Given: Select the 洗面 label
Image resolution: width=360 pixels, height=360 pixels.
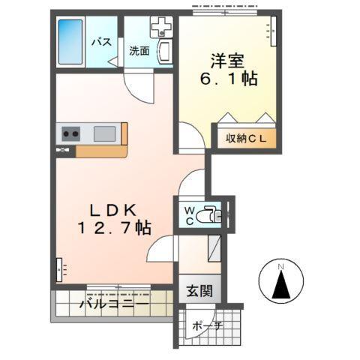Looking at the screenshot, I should click(x=139, y=51).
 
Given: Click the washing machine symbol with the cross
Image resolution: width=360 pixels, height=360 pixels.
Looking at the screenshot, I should click(x=161, y=28).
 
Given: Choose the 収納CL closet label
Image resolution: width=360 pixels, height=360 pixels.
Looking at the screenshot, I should click(x=247, y=139).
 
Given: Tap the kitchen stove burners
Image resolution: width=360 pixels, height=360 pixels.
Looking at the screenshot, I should click(x=70, y=134).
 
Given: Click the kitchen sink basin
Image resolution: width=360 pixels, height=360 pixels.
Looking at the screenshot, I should click(x=104, y=134).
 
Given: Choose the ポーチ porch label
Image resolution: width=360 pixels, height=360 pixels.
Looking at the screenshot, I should click(x=205, y=328).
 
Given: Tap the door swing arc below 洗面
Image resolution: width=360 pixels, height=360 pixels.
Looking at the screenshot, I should click(x=139, y=88).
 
